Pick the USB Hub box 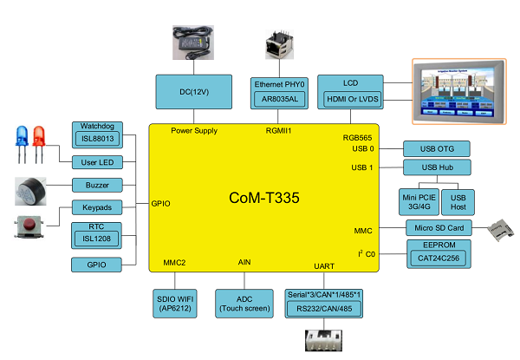click(x=437, y=167)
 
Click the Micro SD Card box click(x=437, y=228)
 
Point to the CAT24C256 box click(x=437, y=258)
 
